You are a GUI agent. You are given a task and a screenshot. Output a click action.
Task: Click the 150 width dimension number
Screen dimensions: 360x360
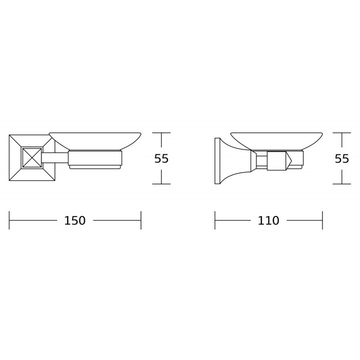click(x=74, y=220)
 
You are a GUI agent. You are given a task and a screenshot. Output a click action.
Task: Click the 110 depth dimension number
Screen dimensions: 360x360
click(x=268, y=220)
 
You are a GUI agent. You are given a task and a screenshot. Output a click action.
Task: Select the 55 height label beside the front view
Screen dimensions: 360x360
click(x=161, y=158)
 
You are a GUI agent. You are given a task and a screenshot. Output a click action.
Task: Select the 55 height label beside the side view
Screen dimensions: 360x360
click(x=342, y=158)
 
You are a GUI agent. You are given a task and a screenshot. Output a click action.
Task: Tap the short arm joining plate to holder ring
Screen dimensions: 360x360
click(x=55, y=157)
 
